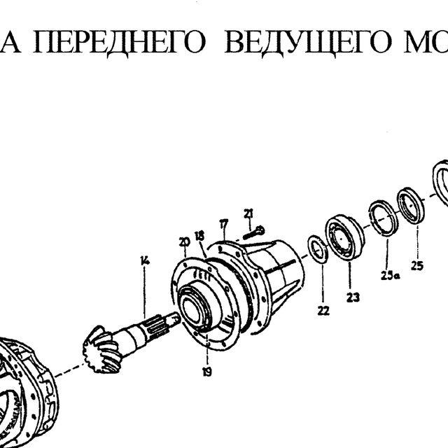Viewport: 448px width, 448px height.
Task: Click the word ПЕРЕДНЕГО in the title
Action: pyautogui.click(x=120, y=42)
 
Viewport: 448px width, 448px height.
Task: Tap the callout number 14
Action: pyautogui.click(x=145, y=260)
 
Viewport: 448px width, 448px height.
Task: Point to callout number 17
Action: pyautogui.click(x=224, y=224)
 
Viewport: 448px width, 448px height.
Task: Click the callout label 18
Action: pyautogui.click(x=199, y=236)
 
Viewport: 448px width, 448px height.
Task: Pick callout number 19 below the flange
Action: pyautogui.click(x=207, y=372)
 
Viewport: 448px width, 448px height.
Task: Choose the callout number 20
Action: pyautogui.click(x=184, y=242)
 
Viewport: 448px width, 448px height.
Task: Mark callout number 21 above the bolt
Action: pyautogui.click(x=248, y=213)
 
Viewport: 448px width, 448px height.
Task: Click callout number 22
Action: pyautogui.click(x=323, y=311)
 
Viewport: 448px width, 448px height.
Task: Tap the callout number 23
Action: pyautogui.click(x=353, y=297)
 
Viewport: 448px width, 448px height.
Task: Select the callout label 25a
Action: pyautogui.click(x=391, y=275)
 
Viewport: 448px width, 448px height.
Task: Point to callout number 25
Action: pyautogui.click(x=417, y=266)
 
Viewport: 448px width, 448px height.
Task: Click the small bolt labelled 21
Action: pyautogui.click(x=254, y=232)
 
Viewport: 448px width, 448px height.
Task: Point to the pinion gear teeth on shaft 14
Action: pyautogui.click(x=101, y=350)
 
